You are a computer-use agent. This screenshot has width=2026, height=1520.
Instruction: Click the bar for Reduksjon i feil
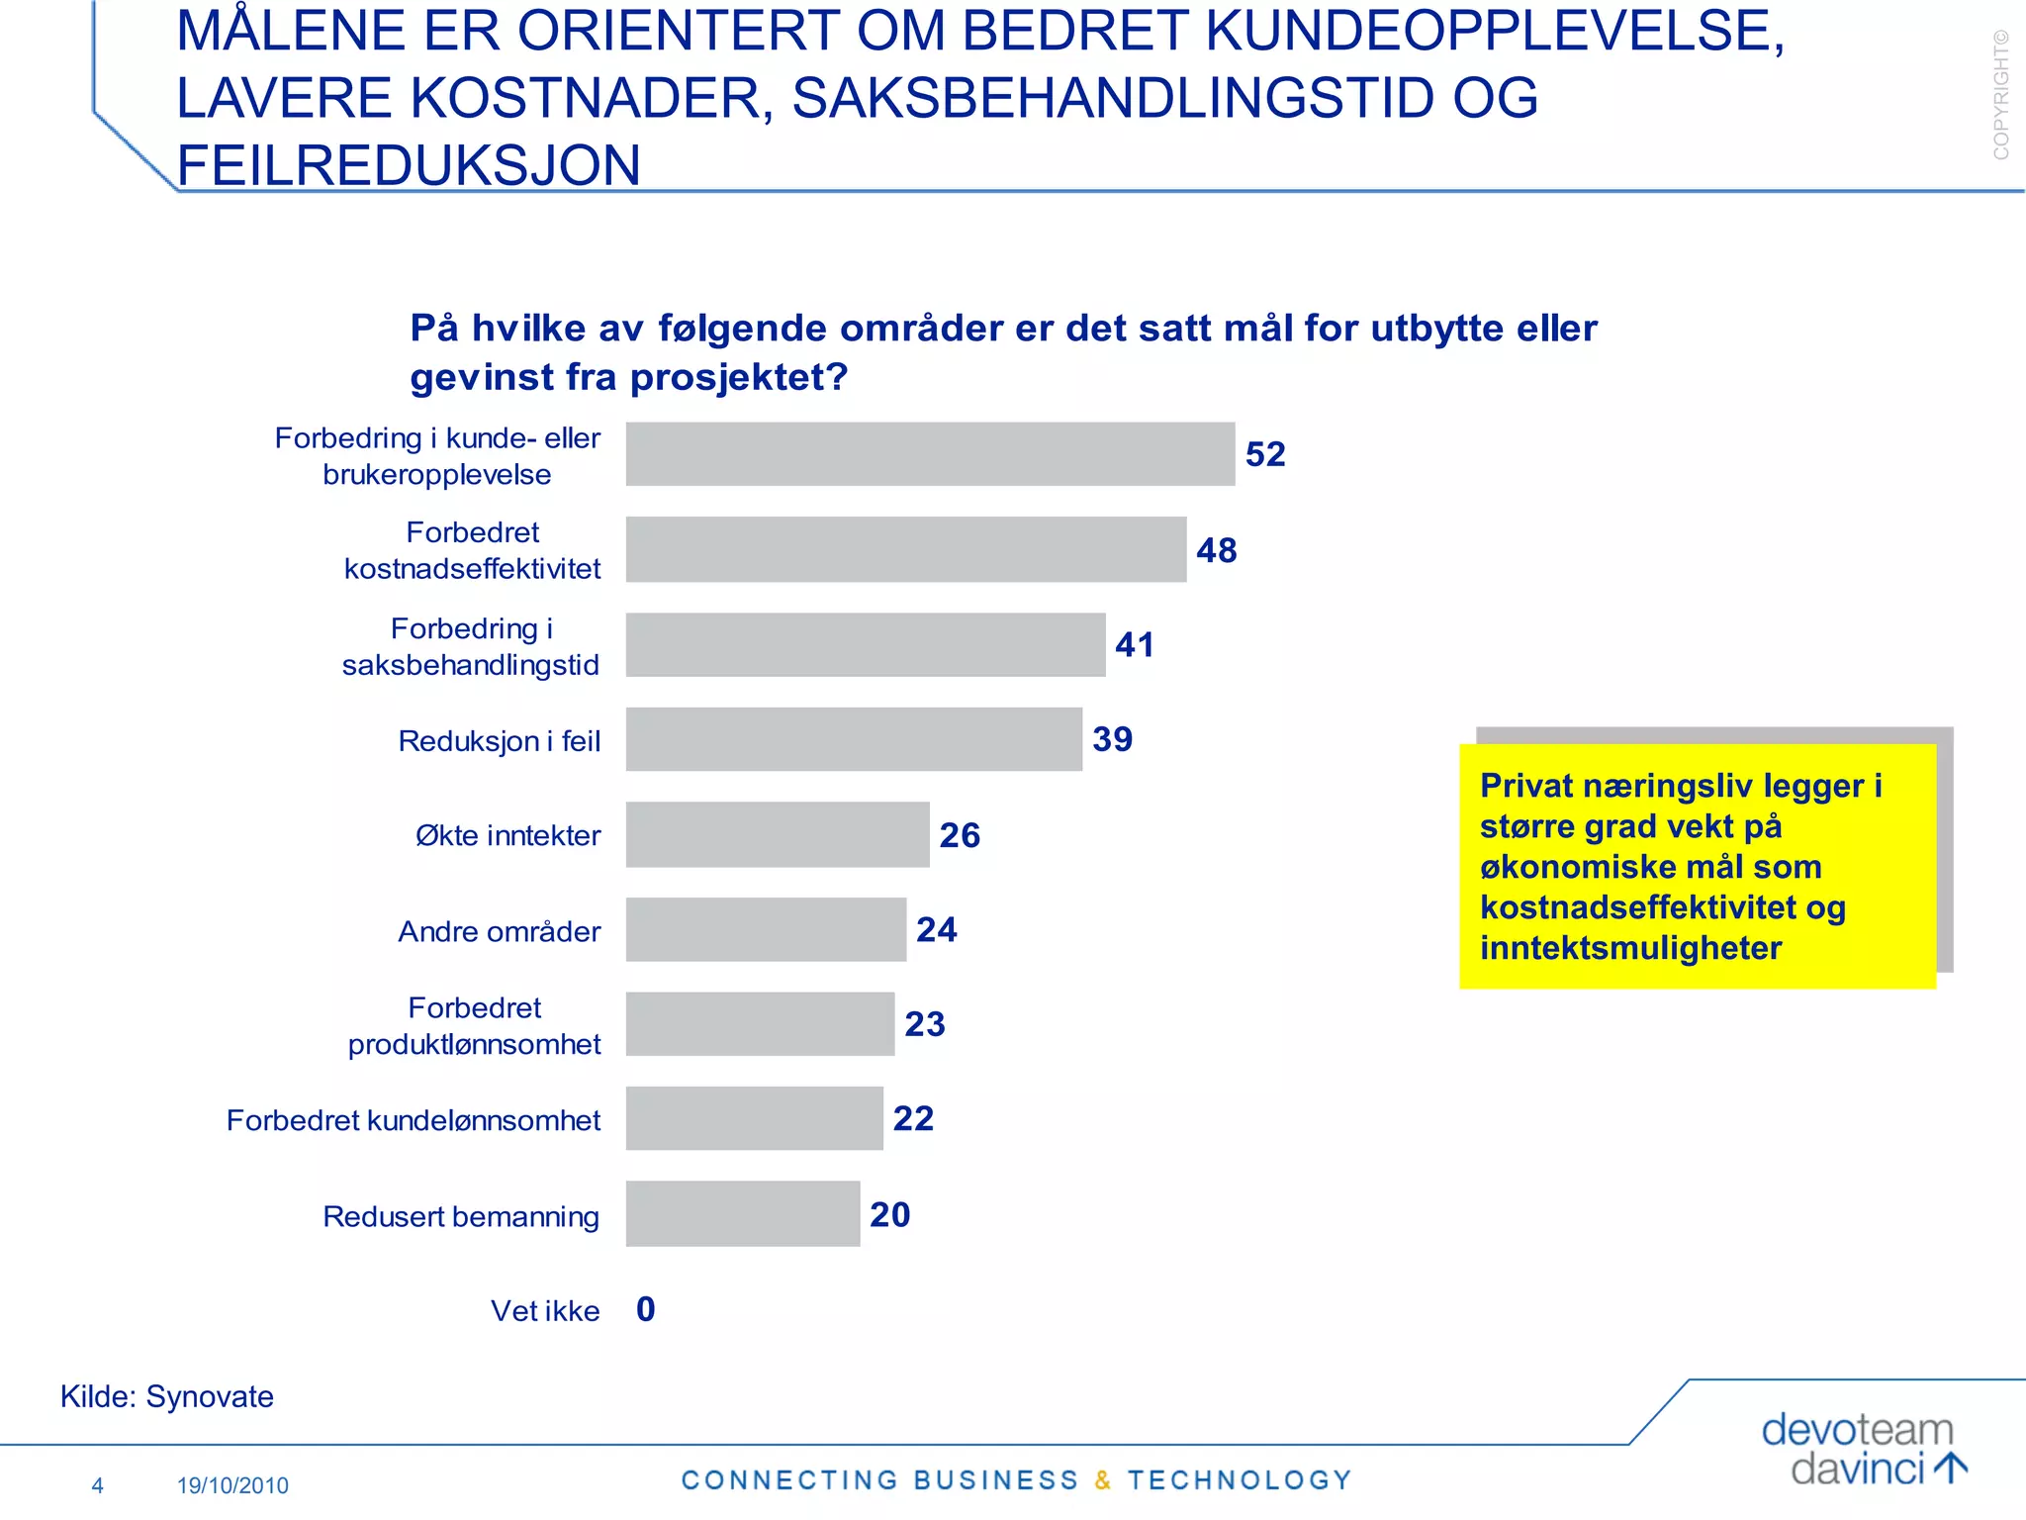pyautogui.click(x=854, y=739)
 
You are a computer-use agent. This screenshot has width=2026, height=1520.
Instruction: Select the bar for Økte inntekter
pyautogui.click(x=778, y=834)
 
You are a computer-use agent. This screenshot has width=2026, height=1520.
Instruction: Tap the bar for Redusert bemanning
pyautogui.click(x=743, y=1213)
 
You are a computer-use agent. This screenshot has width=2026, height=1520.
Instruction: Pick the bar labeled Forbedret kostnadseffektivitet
pyautogui.click(x=906, y=549)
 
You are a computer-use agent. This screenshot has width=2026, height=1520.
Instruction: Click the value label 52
pyautogui.click(x=1265, y=454)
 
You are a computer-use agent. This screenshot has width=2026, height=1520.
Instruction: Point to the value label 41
pyautogui.click(x=1135, y=645)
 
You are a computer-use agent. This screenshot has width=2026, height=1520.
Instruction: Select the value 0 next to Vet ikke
pyautogui.click(x=646, y=1309)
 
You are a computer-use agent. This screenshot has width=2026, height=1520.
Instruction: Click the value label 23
pyautogui.click(x=925, y=1024)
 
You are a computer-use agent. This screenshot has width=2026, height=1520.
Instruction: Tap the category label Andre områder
pyautogui.click(x=499, y=931)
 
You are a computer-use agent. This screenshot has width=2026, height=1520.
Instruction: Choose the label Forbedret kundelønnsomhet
pyautogui.click(x=414, y=1120)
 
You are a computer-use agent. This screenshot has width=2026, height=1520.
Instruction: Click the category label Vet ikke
pyautogui.click(x=545, y=1310)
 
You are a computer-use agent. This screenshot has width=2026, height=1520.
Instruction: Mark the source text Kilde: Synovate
pyautogui.click(x=167, y=1396)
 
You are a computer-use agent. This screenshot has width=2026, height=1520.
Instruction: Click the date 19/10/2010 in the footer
pyautogui.click(x=232, y=1485)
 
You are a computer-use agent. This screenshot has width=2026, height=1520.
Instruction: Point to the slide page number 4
pyautogui.click(x=97, y=1485)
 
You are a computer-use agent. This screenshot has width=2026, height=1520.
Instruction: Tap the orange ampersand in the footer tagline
pyautogui.click(x=1103, y=1480)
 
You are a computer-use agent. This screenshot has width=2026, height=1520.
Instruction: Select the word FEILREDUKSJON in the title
pyautogui.click(x=409, y=165)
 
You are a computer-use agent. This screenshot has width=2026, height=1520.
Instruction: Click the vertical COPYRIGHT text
pyautogui.click(x=2001, y=95)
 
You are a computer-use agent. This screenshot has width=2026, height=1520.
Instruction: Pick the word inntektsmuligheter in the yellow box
pyautogui.click(x=1630, y=948)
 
